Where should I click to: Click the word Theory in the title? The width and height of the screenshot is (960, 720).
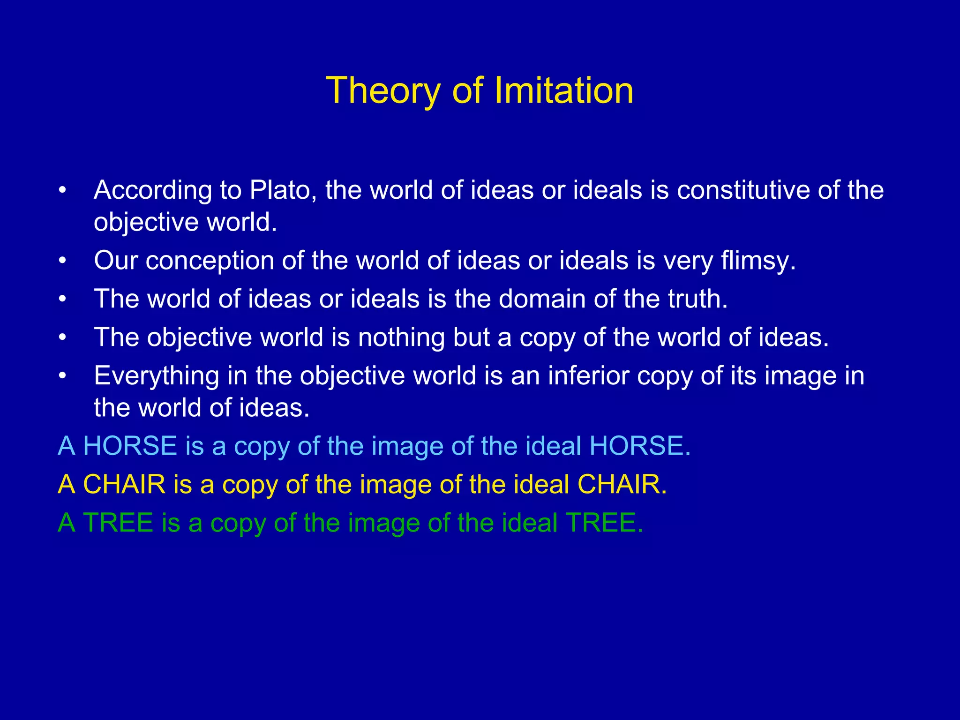382,91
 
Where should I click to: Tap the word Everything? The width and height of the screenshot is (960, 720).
157,376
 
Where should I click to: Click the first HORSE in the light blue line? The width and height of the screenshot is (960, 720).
130,446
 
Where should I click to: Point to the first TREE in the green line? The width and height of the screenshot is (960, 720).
118,523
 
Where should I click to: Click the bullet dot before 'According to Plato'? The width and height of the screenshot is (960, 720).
62,191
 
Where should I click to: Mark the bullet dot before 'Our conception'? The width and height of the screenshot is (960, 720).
62,261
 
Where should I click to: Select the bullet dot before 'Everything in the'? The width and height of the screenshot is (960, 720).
62,376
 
